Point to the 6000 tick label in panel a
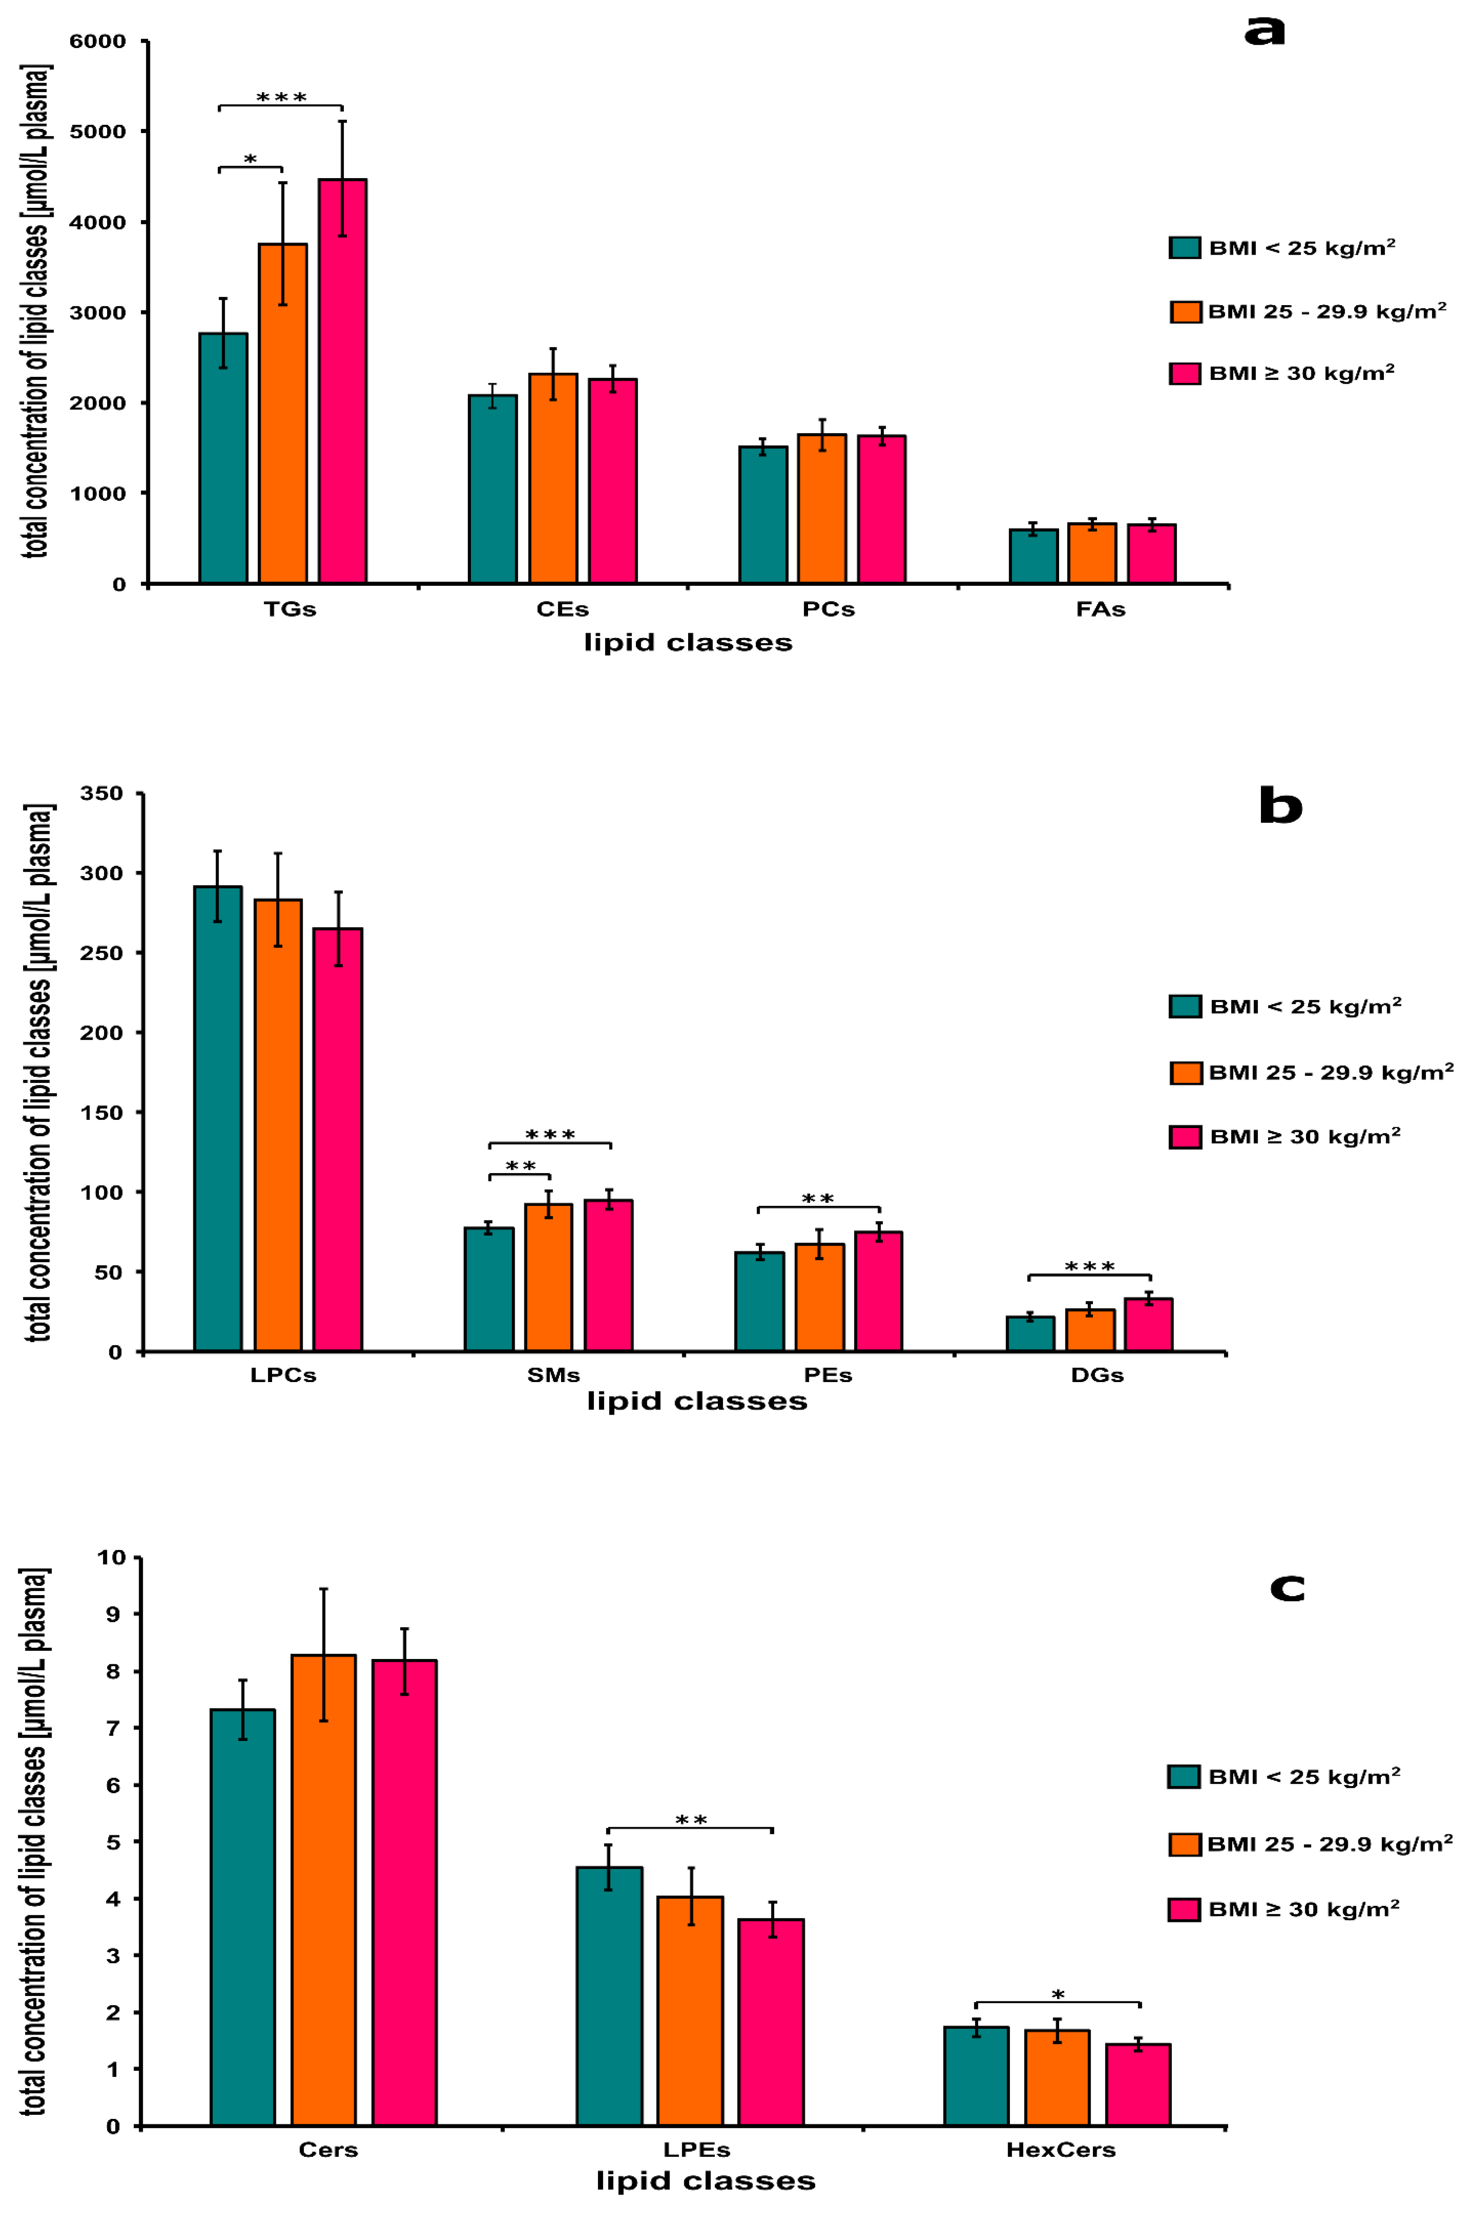98,41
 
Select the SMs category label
553,1376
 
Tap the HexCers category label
1061,2150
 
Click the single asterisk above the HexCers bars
1058,1995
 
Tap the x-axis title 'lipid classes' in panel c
705,2182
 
